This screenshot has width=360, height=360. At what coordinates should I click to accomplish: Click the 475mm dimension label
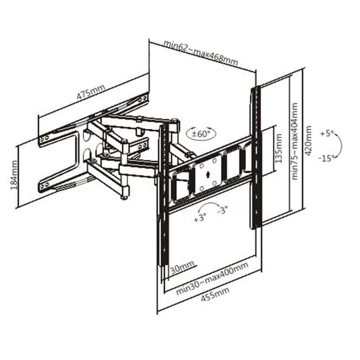91,92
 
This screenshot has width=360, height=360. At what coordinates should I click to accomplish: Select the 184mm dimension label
14,175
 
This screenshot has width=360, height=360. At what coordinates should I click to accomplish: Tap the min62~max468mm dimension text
201,53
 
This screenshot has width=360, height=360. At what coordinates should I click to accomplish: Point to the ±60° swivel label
201,133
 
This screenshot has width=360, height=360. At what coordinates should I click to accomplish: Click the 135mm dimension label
278,149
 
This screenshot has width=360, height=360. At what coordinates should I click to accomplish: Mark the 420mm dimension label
308,140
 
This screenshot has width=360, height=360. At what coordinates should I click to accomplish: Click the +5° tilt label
326,133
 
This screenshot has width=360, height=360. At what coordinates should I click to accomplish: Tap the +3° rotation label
200,217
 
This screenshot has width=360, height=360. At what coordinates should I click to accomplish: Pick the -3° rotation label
223,210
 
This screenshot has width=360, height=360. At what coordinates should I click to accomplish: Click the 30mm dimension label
183,268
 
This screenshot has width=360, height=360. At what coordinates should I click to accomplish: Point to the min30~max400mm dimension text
212,278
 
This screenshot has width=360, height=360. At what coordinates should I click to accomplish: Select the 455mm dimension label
215,294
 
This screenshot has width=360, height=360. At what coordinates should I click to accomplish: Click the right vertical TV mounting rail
256,158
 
